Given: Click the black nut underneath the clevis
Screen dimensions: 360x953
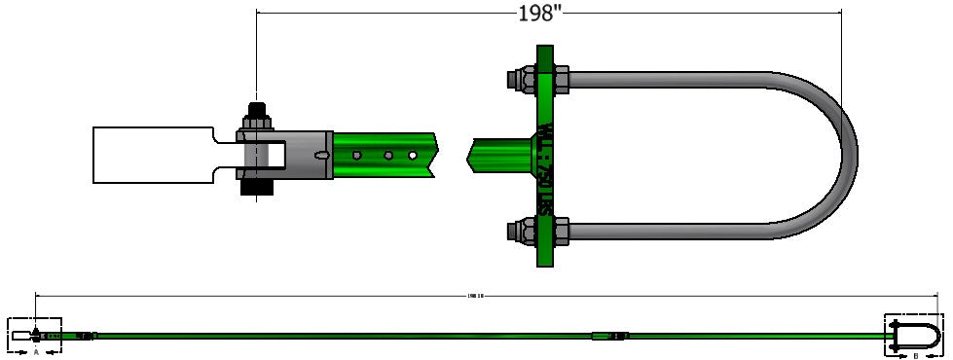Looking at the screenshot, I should coord(257,186).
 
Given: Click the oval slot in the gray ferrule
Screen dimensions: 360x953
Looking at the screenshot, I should coord(321,155).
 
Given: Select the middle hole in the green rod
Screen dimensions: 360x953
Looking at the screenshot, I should coord(387,155).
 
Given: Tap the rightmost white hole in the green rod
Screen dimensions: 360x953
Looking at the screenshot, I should coord(413,155).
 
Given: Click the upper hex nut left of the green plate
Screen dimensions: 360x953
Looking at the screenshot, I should coord(519,77).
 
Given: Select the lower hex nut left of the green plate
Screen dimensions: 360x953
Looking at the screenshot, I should coord(519,232).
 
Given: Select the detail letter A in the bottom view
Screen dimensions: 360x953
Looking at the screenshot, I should coord(36,353).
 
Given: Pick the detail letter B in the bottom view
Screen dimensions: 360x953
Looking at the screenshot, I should coord(916,354).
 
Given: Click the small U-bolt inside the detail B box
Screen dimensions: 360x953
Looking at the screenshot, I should coord(920,337).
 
